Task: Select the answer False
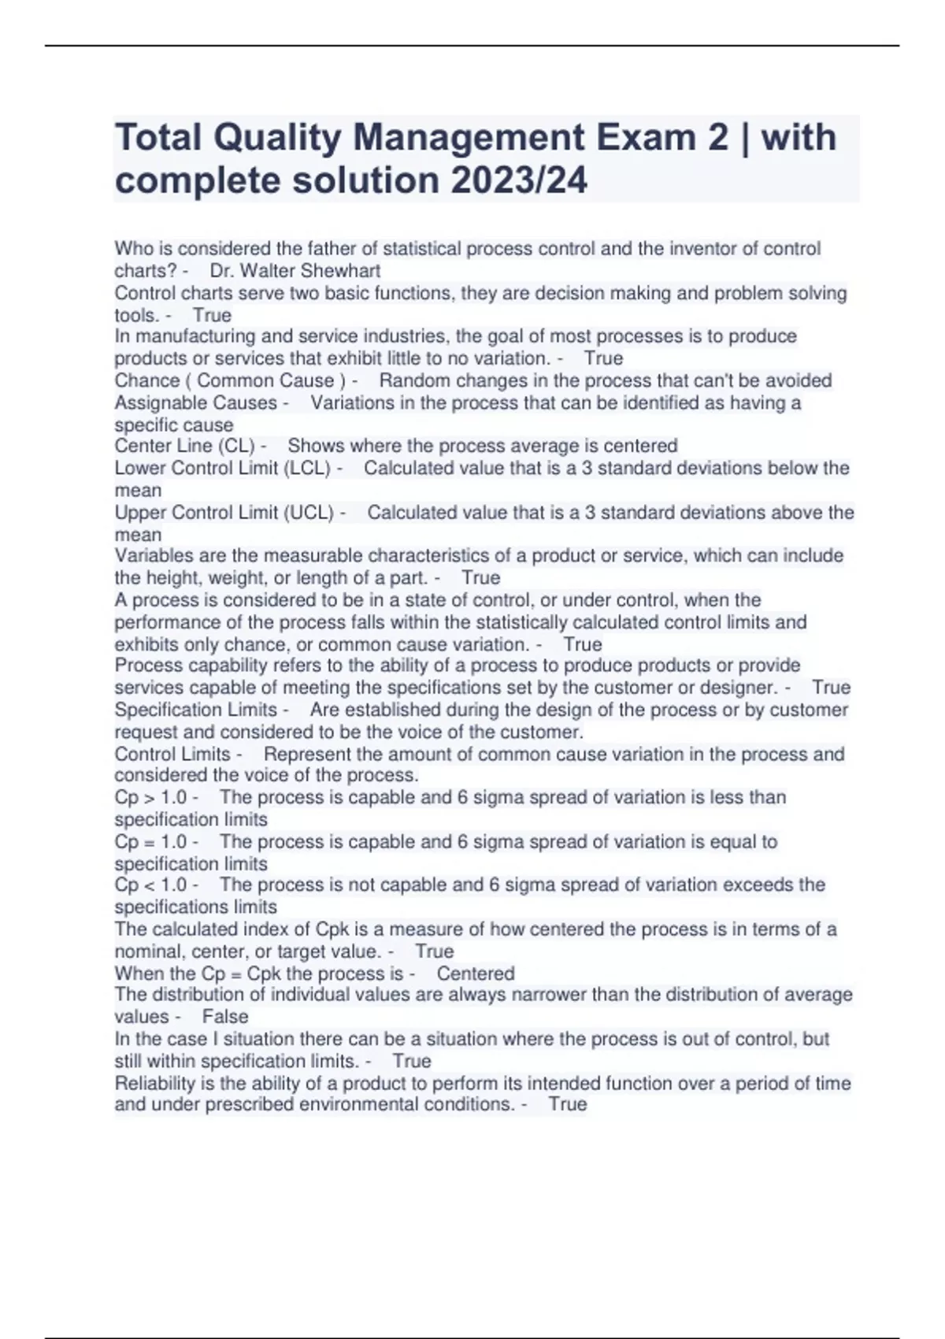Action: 225,1017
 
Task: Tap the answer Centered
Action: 476,974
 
